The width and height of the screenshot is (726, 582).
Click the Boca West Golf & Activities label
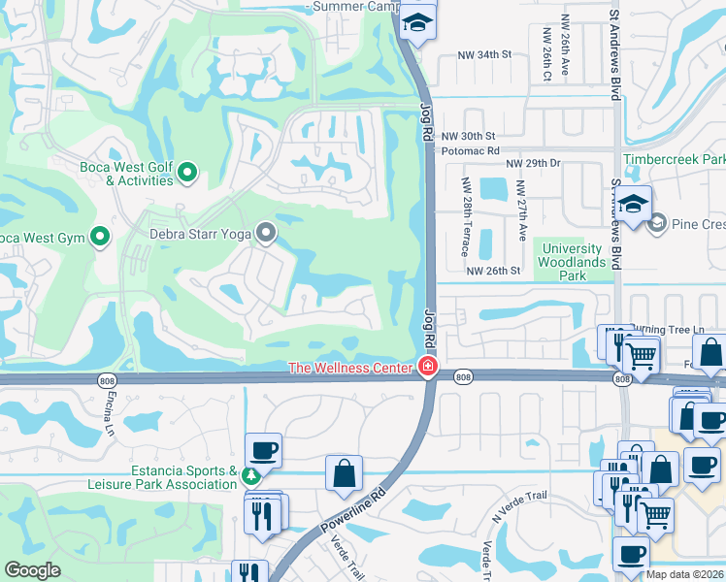click(x=126, y=174)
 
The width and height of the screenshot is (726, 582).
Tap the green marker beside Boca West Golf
click(x=188, y=175)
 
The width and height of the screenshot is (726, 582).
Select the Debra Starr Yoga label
click(x=200, y=233)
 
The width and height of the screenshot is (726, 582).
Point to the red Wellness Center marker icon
click(x=426, y=366)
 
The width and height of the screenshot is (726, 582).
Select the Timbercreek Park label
click(x=674, y=159)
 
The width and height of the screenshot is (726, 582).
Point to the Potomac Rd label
click(x=470, y=151)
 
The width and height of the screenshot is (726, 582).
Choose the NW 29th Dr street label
click(x=533, y=165)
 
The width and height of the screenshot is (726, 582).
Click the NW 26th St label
click(x=493, y=271)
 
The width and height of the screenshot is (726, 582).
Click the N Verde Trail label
click(x=520, y=506)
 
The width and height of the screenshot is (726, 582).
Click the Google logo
click(x=32, y=570)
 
